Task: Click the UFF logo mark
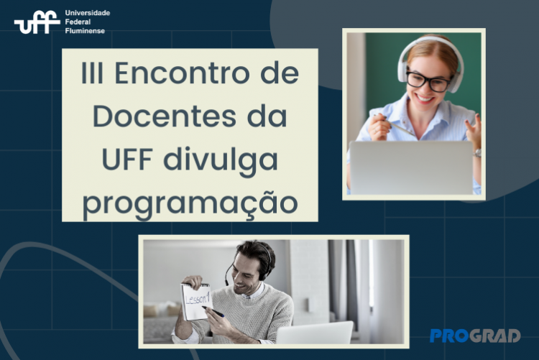point(37,22)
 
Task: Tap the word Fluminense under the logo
point(85,31)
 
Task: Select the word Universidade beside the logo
point(87,13)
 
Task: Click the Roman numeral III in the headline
point(92,73)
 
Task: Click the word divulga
point(220,160)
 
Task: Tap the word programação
point(190,203)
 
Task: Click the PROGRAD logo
point(475,336)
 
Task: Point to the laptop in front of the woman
point(411,167)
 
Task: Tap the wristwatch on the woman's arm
point(476,152)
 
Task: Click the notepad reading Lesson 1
point(196,302)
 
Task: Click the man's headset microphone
point(228,274)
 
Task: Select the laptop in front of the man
point(315,332)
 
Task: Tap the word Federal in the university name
point(78,22)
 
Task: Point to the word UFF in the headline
point(127,160)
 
